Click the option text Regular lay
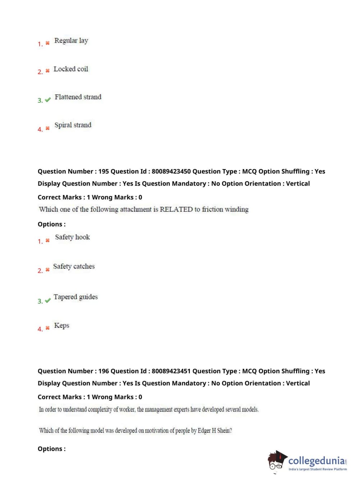tap(71, 41)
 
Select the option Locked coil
tap(70, 69)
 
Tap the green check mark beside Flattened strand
tap(47, 100)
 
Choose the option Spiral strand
tap(73, 125)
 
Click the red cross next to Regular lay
tap(47, 43)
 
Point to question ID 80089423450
tap(171, 171)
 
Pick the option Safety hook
tap(72, 237)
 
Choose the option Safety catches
tap(74, 266)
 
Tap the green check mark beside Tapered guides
tap(47, 301)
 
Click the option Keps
tap(61, 325)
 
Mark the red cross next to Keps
tap(47, 328)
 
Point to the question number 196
tap(104, 371)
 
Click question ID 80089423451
tap(171, 371)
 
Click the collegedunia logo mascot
tap(276, 460)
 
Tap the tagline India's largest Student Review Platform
tap(318, 469)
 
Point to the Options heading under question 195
tap(51, 224)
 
